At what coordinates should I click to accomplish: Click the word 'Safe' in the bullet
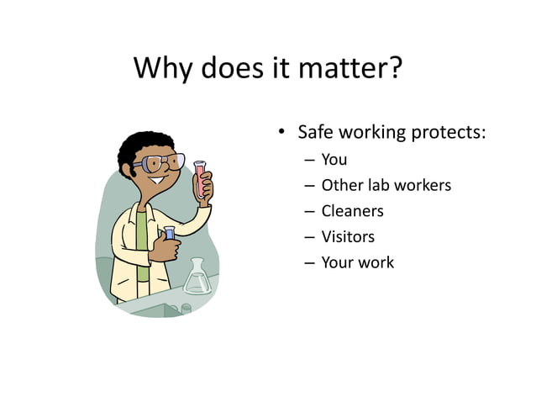[318, 133]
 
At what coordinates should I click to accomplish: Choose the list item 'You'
[334, 159]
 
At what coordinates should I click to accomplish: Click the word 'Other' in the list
[341, 185]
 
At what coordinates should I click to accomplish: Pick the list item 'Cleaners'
[352, 211]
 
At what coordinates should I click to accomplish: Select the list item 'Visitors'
[348, 236]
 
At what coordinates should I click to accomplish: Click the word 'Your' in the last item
[338, 262]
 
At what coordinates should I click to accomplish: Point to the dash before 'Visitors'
[308, 237]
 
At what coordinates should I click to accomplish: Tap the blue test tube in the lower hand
[169, 234]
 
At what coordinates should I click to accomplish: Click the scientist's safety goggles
[162, 161]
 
